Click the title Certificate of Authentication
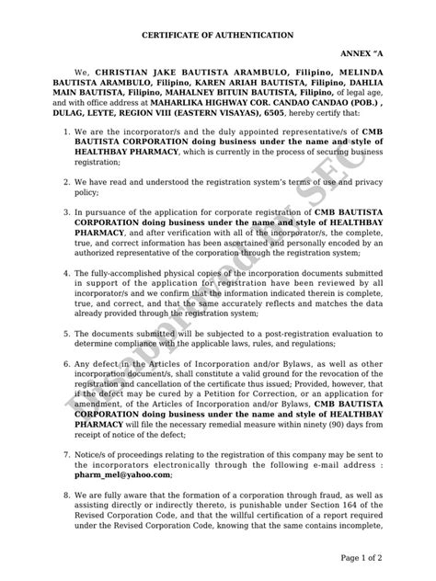pyautogui.click(x=217, y=34)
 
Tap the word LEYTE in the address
pyautogui.click(x=120, y=120)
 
